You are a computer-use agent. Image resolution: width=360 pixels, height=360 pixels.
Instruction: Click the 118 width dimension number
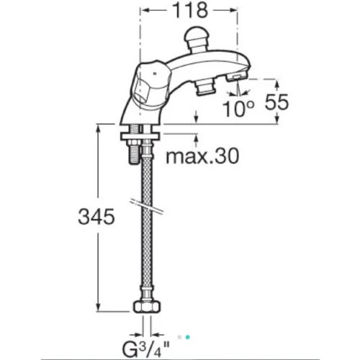[x=190, y=11]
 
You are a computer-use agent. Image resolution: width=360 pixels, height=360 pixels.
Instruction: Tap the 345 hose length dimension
[x=96, y=217]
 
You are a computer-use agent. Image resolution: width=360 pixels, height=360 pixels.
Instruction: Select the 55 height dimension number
[x=276, y=102]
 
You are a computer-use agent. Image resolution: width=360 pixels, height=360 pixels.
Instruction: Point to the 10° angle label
[x=238, y=109]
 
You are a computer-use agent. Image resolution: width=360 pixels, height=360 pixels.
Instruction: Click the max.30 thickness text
[x=202, y=156]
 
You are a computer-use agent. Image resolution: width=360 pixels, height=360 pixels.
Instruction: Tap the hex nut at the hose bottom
[x=147, y=307]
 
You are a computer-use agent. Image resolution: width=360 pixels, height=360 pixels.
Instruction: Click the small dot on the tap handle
[x=156, y=74]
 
